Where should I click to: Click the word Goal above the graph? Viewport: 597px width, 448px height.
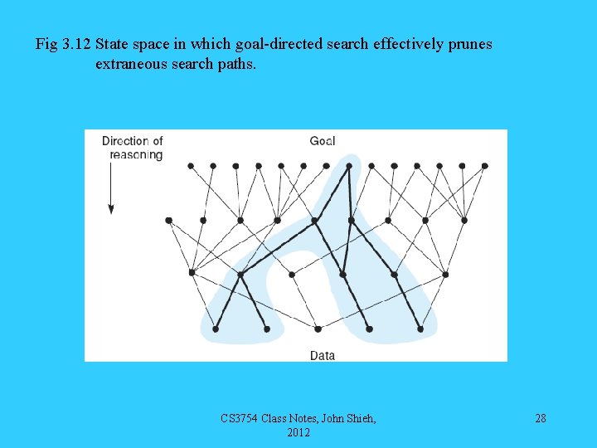pos(322,141)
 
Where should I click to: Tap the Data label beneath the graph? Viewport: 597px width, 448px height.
pos(323,355)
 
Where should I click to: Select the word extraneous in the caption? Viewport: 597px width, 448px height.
pos(129,63)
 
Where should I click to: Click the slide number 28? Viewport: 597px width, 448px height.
pos(541,418)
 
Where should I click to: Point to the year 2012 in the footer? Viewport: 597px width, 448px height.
pos(298,432)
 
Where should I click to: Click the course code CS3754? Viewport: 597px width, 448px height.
pos(240,418)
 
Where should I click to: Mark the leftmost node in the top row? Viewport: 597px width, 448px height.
pos(191,165)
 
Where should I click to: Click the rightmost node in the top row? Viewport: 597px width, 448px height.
pos(485,165)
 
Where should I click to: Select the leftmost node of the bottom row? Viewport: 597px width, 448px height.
pos(216,329)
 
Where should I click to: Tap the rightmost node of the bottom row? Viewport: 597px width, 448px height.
pos(420,329)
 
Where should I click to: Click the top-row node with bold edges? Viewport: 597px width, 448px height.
pos(349,165)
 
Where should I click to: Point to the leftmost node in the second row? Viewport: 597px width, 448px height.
pos(168,220)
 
